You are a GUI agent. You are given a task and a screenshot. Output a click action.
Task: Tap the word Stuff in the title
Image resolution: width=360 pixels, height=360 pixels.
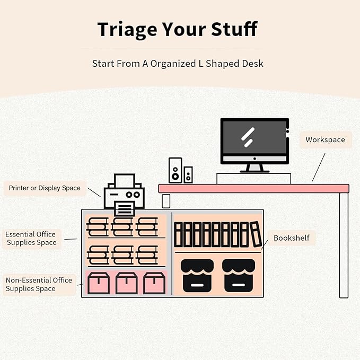click(234, 29)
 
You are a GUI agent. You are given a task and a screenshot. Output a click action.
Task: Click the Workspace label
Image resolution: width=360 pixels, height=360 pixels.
click(326, 139)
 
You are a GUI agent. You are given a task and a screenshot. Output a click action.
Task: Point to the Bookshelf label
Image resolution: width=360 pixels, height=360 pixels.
click(292, 238)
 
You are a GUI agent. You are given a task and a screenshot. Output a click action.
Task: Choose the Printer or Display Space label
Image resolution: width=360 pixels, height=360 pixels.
click(45, 188)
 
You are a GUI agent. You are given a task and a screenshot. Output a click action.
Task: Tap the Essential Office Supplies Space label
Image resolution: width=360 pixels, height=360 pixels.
click(31, 238)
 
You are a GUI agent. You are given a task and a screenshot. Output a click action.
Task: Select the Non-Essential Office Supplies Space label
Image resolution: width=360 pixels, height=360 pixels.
click(39, 284)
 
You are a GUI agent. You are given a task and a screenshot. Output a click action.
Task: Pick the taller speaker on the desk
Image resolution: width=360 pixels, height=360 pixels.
click(175, 170)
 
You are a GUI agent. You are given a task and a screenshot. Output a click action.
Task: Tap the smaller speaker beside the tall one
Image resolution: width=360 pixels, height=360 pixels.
click(188, 175)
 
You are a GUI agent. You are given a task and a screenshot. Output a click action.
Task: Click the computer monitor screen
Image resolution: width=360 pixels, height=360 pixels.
click(254, 137)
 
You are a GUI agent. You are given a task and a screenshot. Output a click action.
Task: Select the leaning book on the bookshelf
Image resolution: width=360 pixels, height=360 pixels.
click(256, 234)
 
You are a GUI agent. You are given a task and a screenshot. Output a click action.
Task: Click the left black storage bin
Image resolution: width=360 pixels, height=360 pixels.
click(197, 276)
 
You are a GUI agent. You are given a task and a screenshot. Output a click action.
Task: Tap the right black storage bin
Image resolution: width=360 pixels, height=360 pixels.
click(239, 276)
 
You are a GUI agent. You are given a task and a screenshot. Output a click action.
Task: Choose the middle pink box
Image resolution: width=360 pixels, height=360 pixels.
click(127, 283)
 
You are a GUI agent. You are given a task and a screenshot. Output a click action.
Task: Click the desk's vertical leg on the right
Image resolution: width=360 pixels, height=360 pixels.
click(344, 245)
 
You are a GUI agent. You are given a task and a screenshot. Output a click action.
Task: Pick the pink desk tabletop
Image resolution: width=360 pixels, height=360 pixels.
click(254, 189)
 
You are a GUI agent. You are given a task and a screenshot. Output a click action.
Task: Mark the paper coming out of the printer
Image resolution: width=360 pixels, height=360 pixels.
click(124, 208)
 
